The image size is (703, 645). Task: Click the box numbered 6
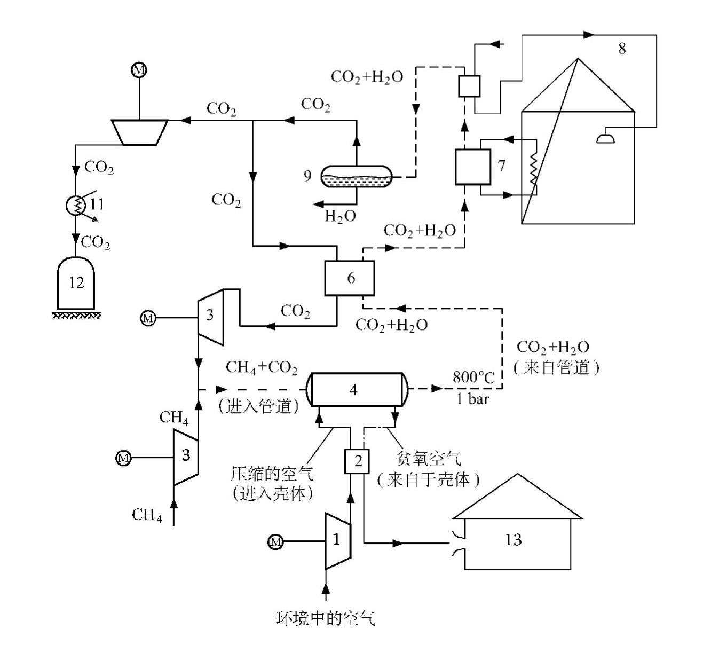tap(350, 278)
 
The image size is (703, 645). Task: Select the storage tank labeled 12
tap(76, 283)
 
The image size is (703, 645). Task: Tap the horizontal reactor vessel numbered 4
tap(357, 389)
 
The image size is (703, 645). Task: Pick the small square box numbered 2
tap(357, 461)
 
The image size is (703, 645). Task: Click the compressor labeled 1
tap(338, 541)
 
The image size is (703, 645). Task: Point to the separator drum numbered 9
tap(357, 176)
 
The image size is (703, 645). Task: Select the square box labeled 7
tap(473, 167)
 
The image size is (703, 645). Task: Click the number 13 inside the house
tap(513, 539)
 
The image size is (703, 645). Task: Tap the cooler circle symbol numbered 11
tap(76, 206)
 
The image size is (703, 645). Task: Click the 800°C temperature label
tap(473, 377)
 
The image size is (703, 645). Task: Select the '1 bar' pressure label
tap(473, 399)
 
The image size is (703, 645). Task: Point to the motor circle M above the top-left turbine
tap(139, 70)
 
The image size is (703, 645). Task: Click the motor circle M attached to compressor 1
tap(275, 541)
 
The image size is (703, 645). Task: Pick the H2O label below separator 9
tap(340, 216)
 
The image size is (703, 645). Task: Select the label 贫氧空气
tap(428, 458)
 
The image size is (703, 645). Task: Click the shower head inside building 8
tap(605, 139)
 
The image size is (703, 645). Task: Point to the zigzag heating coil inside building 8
tap(533, 169)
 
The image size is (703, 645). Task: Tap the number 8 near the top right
tap(622, 49)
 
